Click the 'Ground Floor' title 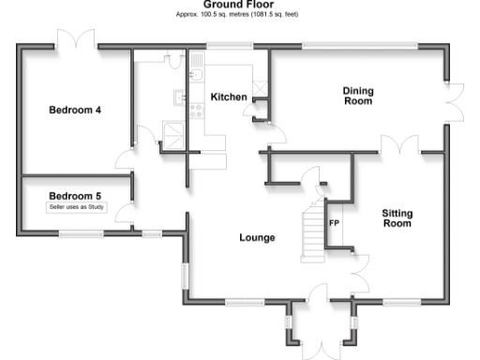click(x=238, y=5)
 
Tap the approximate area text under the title click(x=238, y=14)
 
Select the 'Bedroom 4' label click(x=75, y=110)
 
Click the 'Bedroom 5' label click(x=75, y=196)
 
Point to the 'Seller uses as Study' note click(x=75, y=207)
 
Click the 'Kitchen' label click(x=228, y=97)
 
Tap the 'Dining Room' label click(x=357, y=96)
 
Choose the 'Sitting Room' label click(x=397, y=218)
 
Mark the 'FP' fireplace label click(x=334, y=223)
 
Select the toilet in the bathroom click(x=172, y=60)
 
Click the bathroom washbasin click(x=179, y=96)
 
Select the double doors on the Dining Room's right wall click(x=455, y=97)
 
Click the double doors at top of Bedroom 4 click(x=74, y=40)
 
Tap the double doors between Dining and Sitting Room click(x=401, y=145)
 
